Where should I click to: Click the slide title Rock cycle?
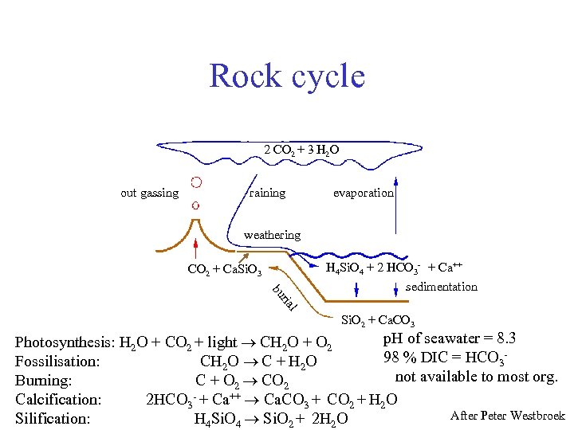click(x=287, y=76)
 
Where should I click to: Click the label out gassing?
click(x=149, y=193)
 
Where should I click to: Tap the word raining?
click(x=267, y=193)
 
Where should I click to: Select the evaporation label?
click(x=363, y=193)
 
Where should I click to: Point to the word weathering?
click(x=272, y=235)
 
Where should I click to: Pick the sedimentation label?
click(x=441, y=287)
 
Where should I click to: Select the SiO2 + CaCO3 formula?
click(x=377, y=322)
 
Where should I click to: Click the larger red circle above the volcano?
click(x=195, y=182)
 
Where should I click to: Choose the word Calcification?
click(x=58, y=399)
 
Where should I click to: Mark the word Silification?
click(x=53, y=418)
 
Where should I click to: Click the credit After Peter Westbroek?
click(x=507, y=416)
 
